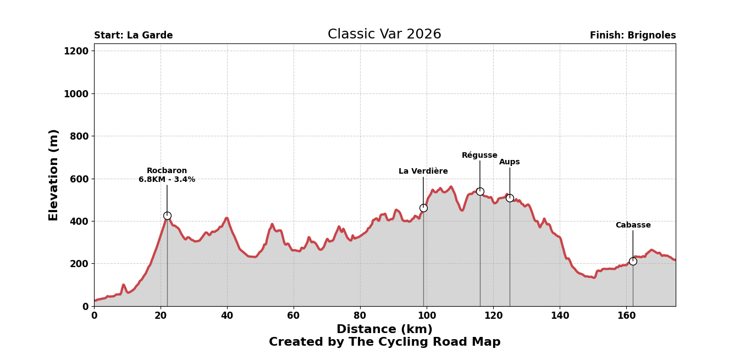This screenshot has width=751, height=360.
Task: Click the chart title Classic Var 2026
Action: pyautogui.click(x=384, y=35)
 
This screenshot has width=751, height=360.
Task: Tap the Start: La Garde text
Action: pyautogui.click(x=133, y=36)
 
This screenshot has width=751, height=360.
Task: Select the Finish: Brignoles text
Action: pyautogui.click(x=633, y=36)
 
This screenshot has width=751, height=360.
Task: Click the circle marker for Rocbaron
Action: pyautogui.click(x=167, y=216)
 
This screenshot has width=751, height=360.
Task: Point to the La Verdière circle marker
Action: pyautogui.click(x=423, y=208)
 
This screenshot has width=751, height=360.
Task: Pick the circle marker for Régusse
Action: pyautogui.click(x=480, y=192)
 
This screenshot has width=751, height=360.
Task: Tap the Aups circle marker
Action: pyautogui.click(x=510, y=198)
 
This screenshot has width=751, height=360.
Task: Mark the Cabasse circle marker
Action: pyautogui.click(x=633, y=262)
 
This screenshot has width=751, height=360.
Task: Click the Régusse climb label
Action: pyautogui.click(x=479, y=156)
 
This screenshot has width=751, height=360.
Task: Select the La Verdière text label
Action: pyautogui.click(x=423, y=171)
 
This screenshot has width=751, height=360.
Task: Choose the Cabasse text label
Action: pyautogui.click(x=633, y=225)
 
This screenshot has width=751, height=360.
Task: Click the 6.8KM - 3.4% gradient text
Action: pyautogui.click(x=167, y=180)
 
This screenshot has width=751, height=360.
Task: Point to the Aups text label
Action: pyautogui.click(x=510, y=162)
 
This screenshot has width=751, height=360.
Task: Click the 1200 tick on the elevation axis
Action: pyautogui.click(x=76, y=51)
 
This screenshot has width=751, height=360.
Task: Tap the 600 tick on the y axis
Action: pyautogui.click(x=79, y=179)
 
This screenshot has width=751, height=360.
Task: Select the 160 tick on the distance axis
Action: pyautogui.click(x=626, y=316)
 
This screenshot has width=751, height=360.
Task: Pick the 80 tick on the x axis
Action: pyautogui.click(x=360, y=316)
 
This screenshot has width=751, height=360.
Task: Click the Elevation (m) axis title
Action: pyautogui.click(x=54, y=175)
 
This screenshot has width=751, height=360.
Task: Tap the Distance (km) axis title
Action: pyautogui.click(x=384, y=330)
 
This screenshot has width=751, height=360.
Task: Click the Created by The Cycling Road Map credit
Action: pyautogui.click(x=384, y=342)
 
